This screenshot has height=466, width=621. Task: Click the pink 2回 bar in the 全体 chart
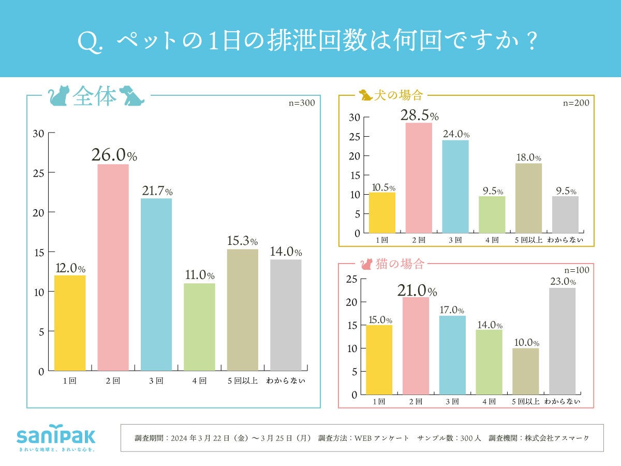113,267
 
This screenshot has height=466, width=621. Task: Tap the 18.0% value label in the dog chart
529,158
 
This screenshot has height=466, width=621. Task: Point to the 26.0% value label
114,155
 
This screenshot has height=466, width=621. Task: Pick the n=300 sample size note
302,103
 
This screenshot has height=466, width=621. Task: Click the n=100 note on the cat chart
576,270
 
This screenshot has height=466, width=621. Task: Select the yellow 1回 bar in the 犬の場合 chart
382,212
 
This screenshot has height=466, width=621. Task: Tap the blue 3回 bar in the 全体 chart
156,284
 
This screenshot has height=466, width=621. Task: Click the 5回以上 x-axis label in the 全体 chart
243,381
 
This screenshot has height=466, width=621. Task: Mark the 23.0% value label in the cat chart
562,282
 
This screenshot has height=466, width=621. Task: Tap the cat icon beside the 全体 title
59,96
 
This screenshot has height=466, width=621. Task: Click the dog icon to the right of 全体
130,96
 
